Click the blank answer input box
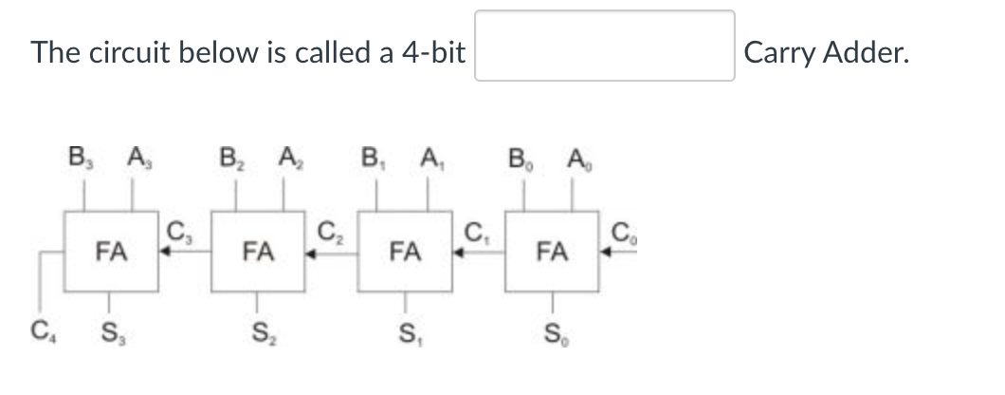click(604, 46)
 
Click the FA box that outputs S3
click(110, 252)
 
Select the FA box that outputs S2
click(257, 252)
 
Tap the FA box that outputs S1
click(405, 252)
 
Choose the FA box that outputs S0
click(552, 252)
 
